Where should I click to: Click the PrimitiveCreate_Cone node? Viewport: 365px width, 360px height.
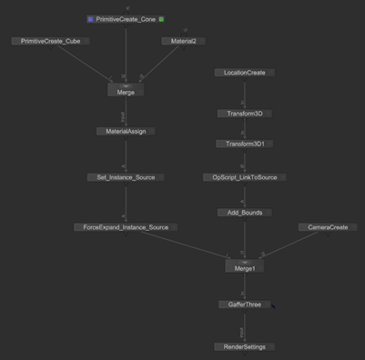(x=126, y=19)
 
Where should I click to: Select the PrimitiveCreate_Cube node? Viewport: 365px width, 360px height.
(x=50, y=41)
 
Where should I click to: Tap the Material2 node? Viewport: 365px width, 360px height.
(x=184, y=41)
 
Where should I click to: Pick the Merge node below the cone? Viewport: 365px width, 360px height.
(x=126, y=92)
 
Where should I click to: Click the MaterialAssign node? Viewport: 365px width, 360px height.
(x=126, y=131)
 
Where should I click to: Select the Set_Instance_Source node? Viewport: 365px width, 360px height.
(x=126, y=177)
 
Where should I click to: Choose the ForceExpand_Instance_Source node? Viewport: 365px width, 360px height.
(x=126, y=227)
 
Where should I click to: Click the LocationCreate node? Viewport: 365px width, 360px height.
(x=243, y=73)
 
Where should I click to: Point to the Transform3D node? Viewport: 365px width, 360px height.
(x=244, y=114)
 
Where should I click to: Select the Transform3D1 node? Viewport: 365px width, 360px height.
(x=244, y=144)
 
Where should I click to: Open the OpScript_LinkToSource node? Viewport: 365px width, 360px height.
(x=244, y=177)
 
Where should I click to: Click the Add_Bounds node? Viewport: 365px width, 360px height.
(x=244, y=213)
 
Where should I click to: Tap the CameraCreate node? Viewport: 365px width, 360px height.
(x=328, y=227)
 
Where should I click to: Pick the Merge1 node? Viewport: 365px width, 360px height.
(x=244, y=267)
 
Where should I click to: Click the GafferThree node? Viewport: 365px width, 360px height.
(x=244, y=305)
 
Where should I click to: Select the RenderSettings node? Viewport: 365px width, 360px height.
(x=244, y=346)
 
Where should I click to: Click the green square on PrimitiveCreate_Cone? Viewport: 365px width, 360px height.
(x=162, y=19)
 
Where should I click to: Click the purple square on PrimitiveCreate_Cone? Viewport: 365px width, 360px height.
(x=90, y=19)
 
